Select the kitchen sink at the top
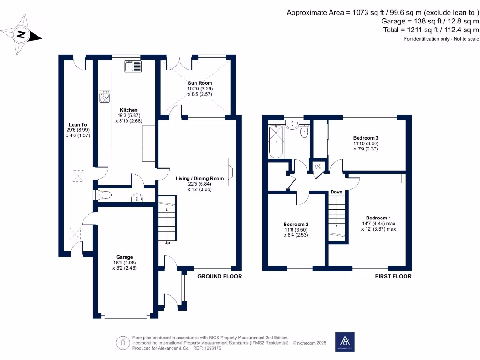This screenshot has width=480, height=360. click(133, 67)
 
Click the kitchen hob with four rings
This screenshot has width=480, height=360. click(105, 97)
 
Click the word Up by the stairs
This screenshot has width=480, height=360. click(167, 243)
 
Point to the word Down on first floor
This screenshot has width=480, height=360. click(336, 192)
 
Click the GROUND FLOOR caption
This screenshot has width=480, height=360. click(219, 276)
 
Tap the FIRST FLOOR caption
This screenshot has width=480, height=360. click(393, 276)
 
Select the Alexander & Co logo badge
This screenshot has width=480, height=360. click(345, 341)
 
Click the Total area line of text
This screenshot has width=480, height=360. click(431, 30)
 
